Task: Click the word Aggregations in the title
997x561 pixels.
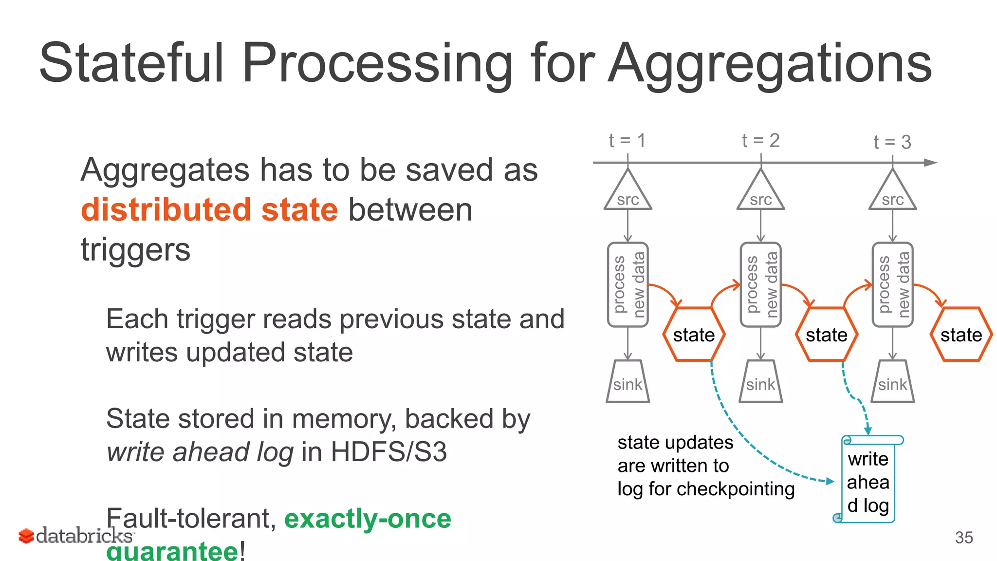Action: coord(770,63)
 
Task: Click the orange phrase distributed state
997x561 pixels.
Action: coord(209,210)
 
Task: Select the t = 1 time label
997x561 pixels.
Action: coord(627,141)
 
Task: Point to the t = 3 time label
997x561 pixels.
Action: coord(892,142)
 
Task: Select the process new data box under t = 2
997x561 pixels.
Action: coord(760,284)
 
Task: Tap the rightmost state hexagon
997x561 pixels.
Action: coord(961,335)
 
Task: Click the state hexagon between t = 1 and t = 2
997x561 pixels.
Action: coord(694,335)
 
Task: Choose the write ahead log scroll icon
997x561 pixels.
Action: coord(868,480)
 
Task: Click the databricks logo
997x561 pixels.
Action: coord(75,536)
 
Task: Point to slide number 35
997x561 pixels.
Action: coord(963,538)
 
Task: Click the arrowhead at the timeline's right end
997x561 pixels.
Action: coord(930,163)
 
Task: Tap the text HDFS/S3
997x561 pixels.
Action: coord(388,452)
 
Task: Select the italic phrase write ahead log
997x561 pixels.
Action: coord(200,452)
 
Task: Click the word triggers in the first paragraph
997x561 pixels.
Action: coord(135,250)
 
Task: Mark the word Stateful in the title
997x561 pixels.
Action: coord(131,63)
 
